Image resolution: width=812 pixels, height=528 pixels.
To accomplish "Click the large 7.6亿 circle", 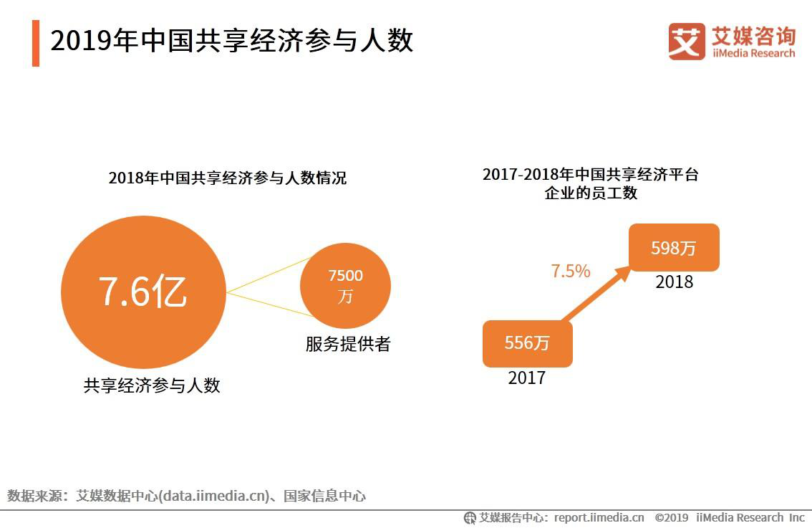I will tap(142, 292).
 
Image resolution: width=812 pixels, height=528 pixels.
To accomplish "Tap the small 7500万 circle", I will tap(345, 285).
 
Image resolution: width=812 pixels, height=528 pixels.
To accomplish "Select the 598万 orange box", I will tap(673, 248).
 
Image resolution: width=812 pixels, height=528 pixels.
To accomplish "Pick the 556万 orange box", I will tap(527, 343).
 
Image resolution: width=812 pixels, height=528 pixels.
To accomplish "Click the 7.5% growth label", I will tap(570, 271).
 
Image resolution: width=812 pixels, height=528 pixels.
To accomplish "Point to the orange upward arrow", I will tap(596, 295).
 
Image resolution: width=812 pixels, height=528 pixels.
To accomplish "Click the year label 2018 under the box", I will tap(674, 282).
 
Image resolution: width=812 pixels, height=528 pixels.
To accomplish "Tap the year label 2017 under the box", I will tap(526, 378).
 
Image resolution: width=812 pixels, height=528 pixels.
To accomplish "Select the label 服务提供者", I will tap(348, 344).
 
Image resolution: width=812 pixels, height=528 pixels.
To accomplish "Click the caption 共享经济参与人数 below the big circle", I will tap(152, 385).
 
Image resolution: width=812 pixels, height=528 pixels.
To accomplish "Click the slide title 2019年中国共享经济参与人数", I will tap(232, 41).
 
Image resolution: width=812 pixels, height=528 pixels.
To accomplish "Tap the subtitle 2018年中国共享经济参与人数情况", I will tap(227, 178).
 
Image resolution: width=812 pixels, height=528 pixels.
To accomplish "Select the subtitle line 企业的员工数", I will tap(590, 193).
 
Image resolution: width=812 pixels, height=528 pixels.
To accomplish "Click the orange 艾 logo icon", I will tap(686, 41).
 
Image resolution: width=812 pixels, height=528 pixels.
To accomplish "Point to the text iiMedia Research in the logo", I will tap(753, 53).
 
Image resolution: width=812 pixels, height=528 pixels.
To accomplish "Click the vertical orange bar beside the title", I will tap(36, 43).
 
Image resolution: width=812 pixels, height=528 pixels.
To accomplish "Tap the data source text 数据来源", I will tap(34, 495).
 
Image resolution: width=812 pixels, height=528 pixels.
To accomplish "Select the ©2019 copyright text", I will tap(671, 517).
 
